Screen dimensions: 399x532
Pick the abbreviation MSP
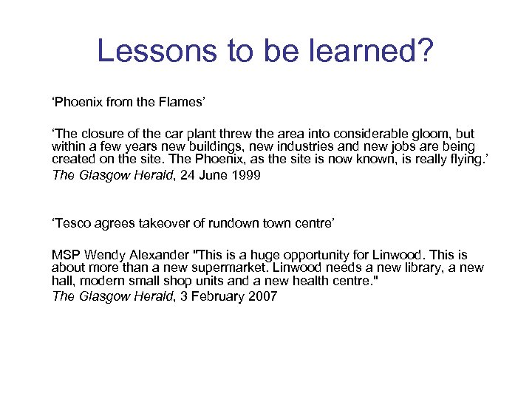pyautogui.click(x=64, y=255)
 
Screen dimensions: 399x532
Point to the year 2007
pyautogui.click(x=263, y=296)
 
